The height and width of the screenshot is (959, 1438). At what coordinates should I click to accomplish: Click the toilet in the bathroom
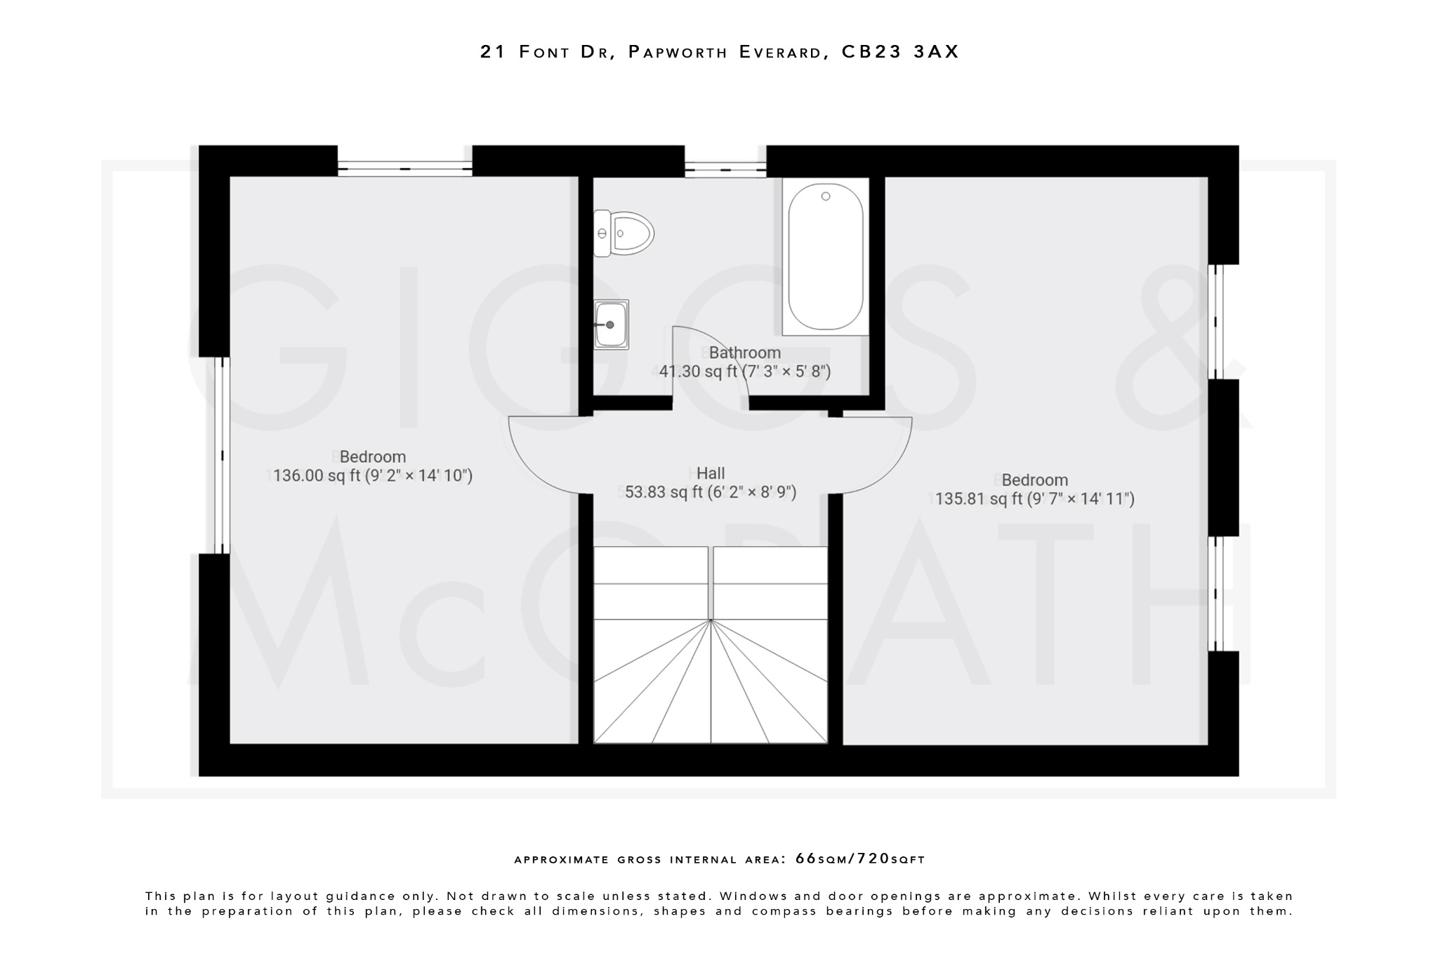(625, 233)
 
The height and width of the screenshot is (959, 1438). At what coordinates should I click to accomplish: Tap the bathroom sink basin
(611, 325)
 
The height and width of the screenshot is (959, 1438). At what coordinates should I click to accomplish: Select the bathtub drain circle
(826, 197)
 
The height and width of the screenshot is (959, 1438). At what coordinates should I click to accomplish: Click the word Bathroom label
(744, 353)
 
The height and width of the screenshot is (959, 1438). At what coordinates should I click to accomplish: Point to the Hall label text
(711, 474)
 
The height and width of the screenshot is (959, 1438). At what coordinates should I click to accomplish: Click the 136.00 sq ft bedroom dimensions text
(372, 476)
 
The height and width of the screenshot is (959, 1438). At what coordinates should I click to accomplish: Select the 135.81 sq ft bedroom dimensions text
(1034, 500)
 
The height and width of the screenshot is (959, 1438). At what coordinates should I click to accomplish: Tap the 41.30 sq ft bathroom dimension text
(744, 372)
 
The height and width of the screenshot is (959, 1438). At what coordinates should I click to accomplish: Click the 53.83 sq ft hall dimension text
(711, 492)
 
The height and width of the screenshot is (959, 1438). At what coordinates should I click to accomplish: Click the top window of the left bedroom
(404, 168)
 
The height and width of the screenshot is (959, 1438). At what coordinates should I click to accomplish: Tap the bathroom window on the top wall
(725, 169)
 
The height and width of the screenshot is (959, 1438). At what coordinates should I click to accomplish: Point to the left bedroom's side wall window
(222, 455)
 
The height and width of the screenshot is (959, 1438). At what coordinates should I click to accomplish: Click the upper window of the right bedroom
(1216, 322)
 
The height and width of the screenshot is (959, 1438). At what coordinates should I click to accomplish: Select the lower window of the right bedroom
(1216, 594)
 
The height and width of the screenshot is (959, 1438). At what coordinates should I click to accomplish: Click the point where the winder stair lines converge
(711, 620)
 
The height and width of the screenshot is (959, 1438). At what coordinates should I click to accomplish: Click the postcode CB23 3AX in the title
(900, 52)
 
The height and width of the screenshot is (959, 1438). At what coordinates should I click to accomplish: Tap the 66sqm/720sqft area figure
(859, 859)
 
